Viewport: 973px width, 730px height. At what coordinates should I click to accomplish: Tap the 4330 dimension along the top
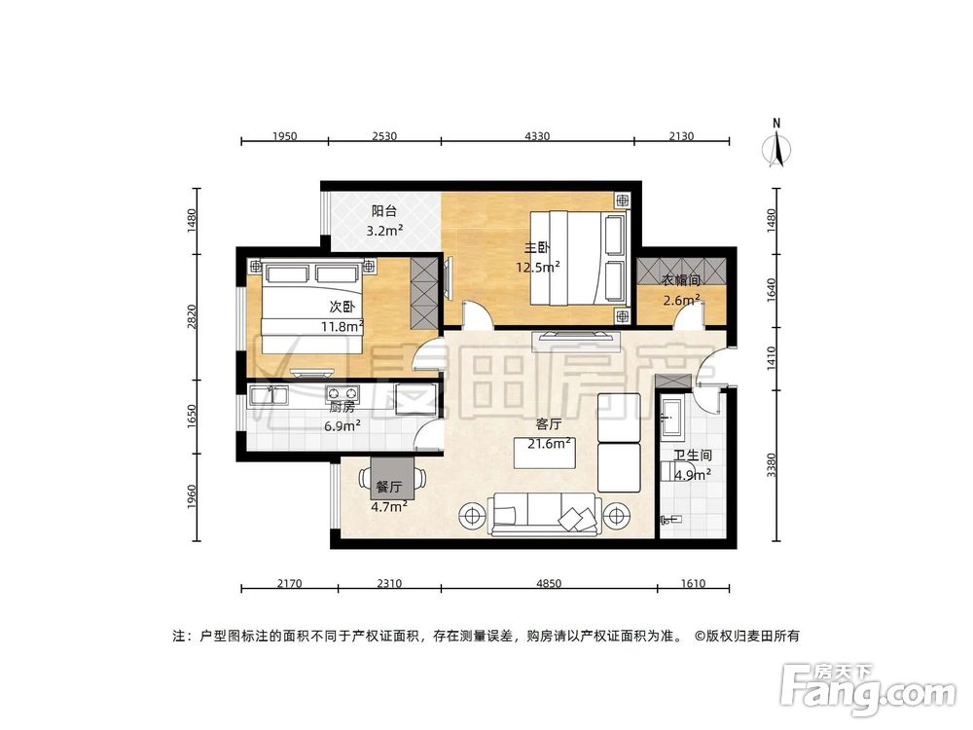537,136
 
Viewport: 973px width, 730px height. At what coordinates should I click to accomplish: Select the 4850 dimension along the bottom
549,584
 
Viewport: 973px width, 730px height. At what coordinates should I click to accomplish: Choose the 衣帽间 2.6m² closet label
681,290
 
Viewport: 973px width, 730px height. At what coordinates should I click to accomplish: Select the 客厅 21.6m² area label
549,434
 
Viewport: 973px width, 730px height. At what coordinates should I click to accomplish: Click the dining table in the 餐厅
393,478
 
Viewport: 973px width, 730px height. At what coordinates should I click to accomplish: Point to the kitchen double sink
267,395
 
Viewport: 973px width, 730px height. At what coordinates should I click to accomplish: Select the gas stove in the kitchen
343,394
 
